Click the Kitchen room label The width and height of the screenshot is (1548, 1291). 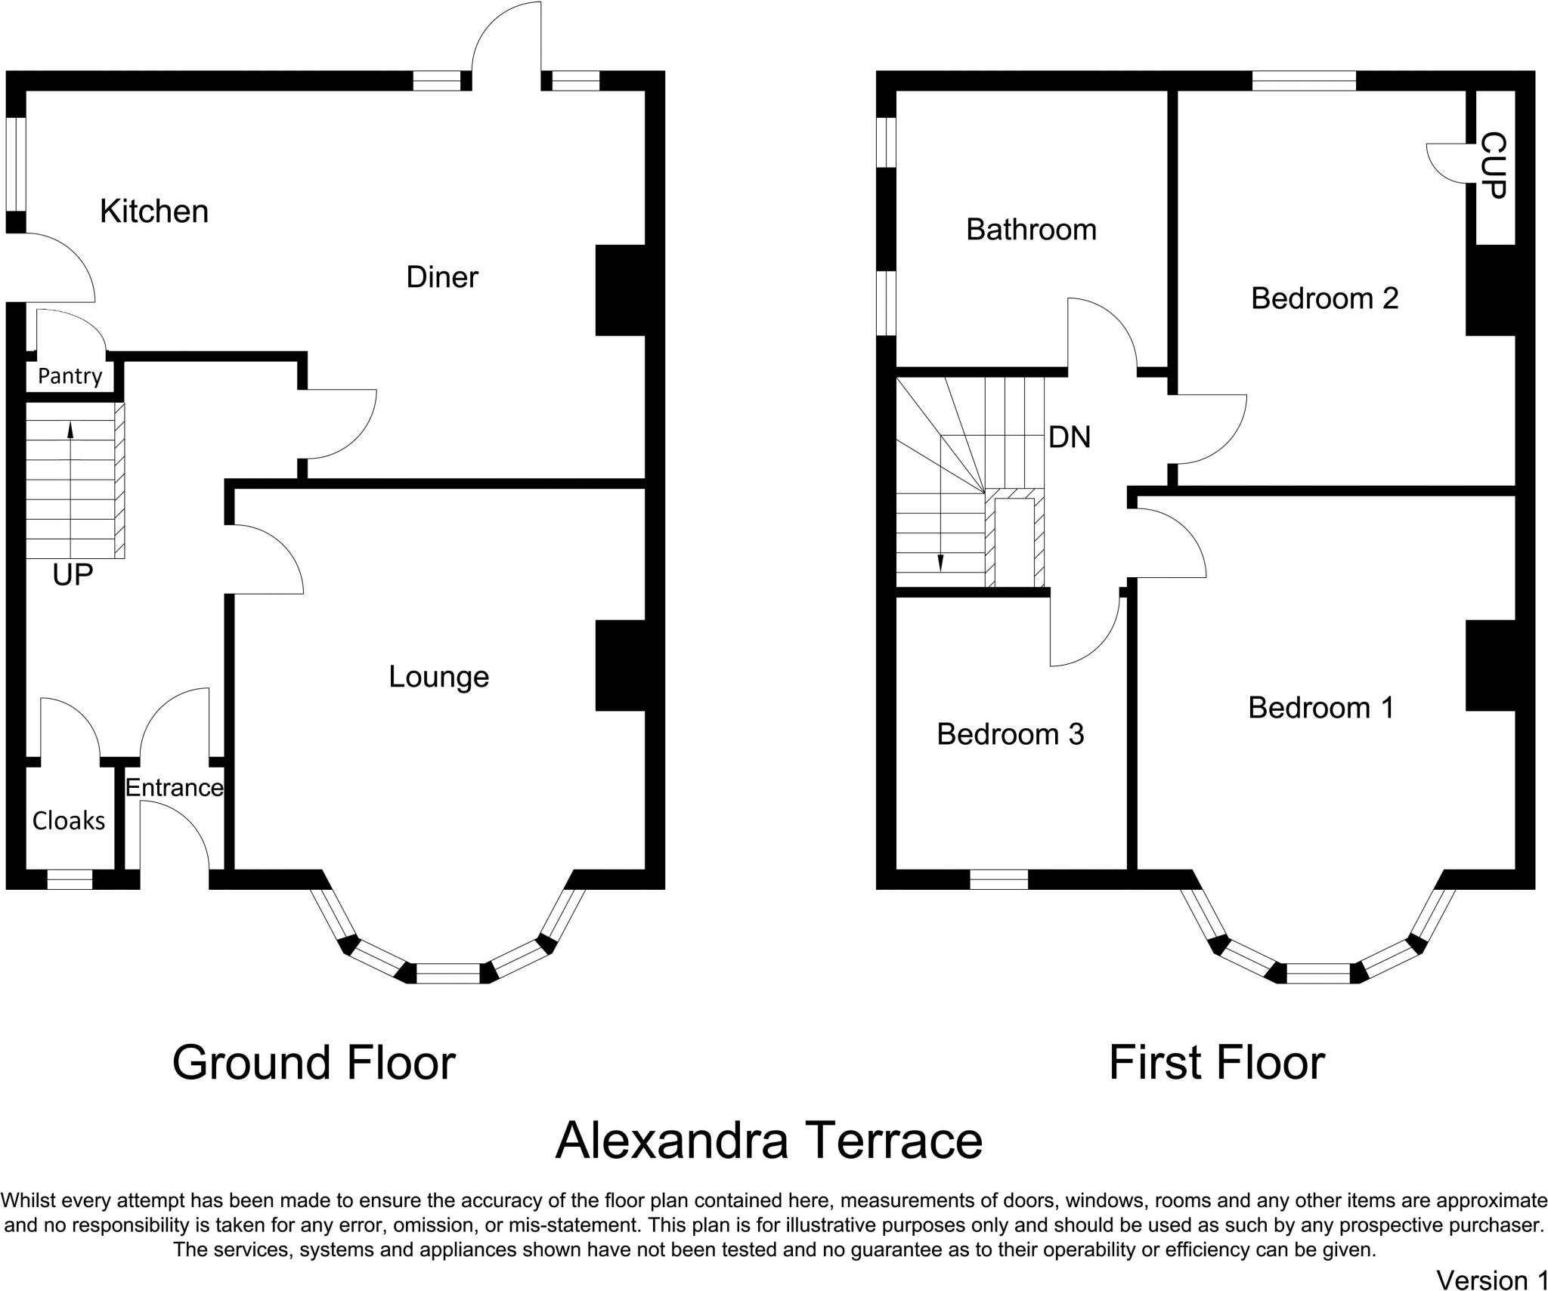coord(154,212)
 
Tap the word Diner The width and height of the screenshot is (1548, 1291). coord(442,277)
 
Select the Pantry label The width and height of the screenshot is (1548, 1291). coord(70,376)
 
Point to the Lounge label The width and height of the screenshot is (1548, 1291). coord(438,677)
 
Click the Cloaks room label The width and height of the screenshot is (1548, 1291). coord(69,820)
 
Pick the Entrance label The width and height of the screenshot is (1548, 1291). coord(174,788)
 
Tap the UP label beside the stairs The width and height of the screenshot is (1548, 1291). coord(73,576)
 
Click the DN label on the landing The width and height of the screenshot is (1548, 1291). coord(1070,437)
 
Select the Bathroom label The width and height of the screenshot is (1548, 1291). coord(1031,230)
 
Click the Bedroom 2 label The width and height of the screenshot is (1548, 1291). coord(1324,298)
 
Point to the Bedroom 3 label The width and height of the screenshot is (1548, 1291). coord(1010,734)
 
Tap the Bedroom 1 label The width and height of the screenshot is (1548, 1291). coord(1320,708)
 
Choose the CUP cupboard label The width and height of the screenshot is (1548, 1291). coord(1493,166)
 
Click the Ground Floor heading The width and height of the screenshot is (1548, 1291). coord(314,1064)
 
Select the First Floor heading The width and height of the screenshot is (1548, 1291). coord(1216,1064)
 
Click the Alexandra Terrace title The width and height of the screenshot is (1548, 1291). coord(769,1141)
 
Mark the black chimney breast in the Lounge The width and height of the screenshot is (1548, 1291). coord(621,666)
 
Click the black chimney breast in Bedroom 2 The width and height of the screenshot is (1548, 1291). coord(1491,290)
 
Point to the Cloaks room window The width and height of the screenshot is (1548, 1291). coord(70,879)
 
